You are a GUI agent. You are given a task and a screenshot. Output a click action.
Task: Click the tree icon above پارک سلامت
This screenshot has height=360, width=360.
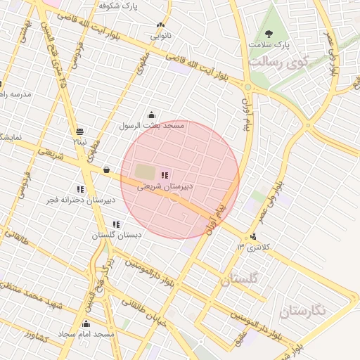point(268,33)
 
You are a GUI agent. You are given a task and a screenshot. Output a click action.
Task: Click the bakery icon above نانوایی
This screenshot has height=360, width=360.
point(161,24)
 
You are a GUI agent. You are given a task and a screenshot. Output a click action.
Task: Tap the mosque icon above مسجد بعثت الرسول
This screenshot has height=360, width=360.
point(152,115)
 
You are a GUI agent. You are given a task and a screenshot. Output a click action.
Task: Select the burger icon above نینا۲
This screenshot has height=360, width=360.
point(79,131)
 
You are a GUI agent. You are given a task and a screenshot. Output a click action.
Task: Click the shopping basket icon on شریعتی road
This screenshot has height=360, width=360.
point(106,169)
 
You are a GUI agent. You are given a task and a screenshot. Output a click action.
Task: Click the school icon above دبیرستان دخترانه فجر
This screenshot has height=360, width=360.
point(79,189)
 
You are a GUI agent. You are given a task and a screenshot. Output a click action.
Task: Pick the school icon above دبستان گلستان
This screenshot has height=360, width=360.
point(116,224)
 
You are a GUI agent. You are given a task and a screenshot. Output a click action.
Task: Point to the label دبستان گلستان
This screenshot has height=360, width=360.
point(117,235)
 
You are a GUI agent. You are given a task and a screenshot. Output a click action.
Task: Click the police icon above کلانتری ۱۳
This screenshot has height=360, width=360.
point(253,236)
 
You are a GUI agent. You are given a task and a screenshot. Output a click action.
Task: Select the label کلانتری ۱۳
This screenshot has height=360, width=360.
point(254,247)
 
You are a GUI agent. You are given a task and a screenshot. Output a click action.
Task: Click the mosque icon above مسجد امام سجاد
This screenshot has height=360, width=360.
point(86,323)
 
